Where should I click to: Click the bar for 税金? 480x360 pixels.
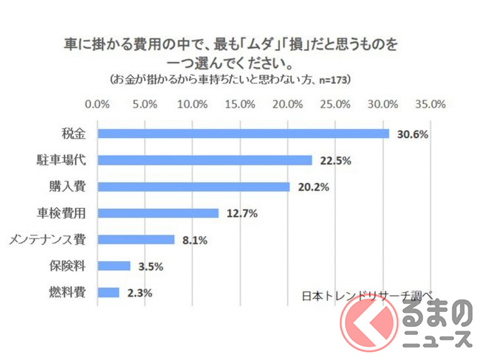[x=244, y=134]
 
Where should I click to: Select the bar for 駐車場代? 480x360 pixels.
[x=205, y=160]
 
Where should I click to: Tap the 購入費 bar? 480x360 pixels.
[x=193, y=187]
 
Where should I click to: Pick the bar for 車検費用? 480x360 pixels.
[x=158, y=213]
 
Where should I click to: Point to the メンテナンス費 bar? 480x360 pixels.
[x=136, y=240]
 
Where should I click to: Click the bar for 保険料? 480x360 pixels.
[x=114, y=266]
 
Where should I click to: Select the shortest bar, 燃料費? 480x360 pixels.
[x=109, y=292]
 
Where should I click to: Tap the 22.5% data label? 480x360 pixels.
[x=335, y=161]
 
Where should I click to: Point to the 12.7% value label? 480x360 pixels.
[x=241, y=214]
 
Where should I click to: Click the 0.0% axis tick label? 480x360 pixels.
[x=98, y=103]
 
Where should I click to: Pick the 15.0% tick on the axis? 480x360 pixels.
[x=240, y=103]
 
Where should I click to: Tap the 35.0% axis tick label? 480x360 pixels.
[x=430, y=103]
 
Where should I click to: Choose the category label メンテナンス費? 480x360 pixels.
[x=47, y=240]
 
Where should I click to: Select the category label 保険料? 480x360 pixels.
[x=67, y=266]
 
